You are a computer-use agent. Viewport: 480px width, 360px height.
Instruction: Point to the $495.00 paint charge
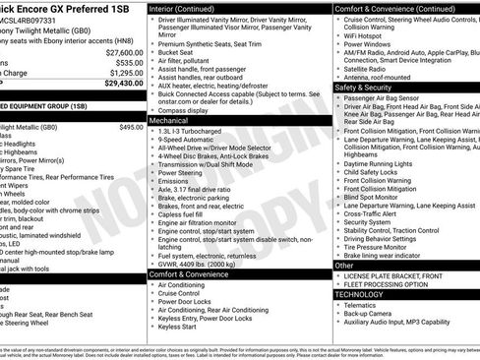tap(131, 127)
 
